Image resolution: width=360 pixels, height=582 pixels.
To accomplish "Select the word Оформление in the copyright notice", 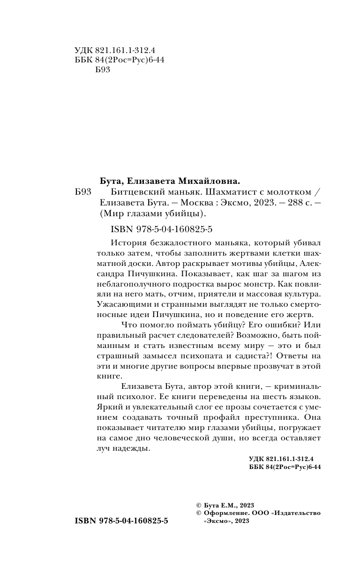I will (x=223, y=513).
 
